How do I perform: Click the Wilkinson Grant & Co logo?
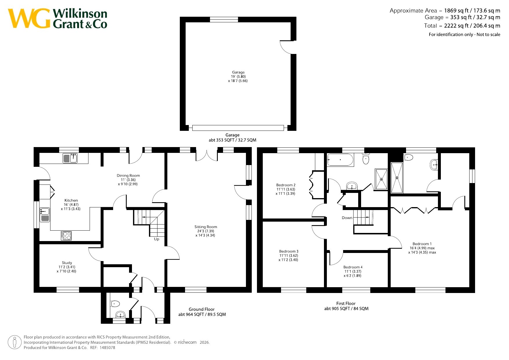click(57, 19)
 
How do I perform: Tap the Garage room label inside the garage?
click(238, 72)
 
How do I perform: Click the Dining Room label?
click(128, 176)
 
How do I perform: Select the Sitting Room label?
click(206, 227)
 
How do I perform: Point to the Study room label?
click(67, 263)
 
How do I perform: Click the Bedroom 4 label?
click(353, 267)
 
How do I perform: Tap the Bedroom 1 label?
click(422, 244)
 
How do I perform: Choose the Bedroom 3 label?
click(289, 252)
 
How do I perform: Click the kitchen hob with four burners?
click(66, 236)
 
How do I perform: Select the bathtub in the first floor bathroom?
click(340, 160)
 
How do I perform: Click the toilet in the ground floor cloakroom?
click(115, 304)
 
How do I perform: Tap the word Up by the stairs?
click(157, 239)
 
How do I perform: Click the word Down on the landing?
click(347, 218)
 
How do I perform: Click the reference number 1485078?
click(107, 348)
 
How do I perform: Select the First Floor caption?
click(346, 303)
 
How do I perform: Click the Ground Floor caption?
click(202, 309)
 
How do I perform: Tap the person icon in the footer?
click(15, 342)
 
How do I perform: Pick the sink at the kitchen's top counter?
click(70, 158)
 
